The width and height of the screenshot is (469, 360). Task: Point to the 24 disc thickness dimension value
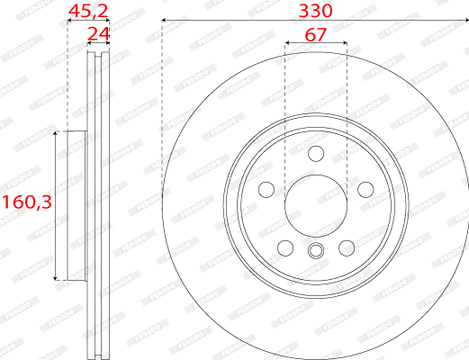point(97,34)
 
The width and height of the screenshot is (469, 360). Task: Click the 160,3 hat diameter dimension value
point(24,203)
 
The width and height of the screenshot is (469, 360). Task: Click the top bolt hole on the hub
point(315,153)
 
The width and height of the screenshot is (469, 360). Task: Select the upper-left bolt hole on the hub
point(266,190)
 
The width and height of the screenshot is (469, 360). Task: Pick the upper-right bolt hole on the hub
point(365,190)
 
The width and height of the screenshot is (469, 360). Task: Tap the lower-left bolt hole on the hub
point(284,247)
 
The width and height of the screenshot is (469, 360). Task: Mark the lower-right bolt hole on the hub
point(347,247)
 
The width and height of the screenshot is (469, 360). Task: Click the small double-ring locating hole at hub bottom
point(315,251)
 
